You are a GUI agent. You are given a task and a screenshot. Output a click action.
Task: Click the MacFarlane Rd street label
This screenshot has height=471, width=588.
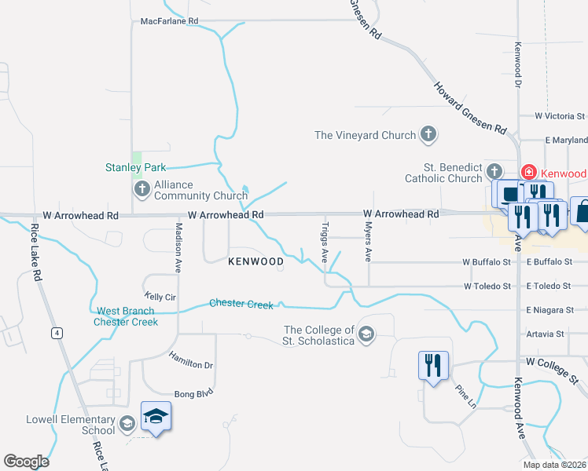point(169,21)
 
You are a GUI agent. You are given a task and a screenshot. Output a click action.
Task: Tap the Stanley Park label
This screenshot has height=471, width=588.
point(136,167)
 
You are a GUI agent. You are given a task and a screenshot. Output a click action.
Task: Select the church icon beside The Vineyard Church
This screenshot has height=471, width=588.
point(428,135)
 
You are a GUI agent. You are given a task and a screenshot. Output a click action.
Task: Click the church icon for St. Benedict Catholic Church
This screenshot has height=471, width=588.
point(494,171)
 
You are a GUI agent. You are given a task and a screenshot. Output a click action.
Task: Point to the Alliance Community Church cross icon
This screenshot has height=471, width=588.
point(142,188)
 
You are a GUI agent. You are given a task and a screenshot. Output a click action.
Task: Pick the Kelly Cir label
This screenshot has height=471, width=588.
point(160,297)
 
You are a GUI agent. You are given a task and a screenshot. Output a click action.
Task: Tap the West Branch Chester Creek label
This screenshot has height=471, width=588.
point(126,316)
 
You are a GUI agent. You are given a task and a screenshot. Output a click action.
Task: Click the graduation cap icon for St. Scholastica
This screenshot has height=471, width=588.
point(366,335)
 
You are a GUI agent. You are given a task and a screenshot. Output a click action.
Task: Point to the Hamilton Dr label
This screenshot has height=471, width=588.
point(191,360)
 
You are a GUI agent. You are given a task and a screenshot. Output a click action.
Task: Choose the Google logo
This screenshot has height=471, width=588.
point(26,462)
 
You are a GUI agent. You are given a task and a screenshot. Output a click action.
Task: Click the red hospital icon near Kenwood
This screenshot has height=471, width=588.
point(529,173)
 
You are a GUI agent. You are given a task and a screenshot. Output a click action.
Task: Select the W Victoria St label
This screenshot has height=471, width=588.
point(560,116)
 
